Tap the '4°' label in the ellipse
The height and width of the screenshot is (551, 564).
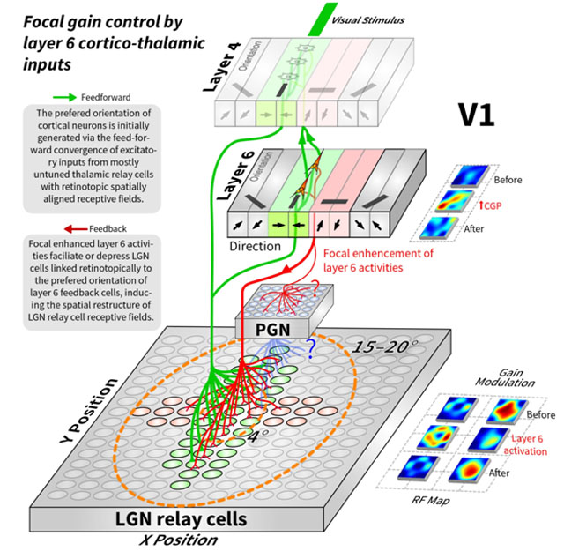pyautogui.click(x=257, y=434)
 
